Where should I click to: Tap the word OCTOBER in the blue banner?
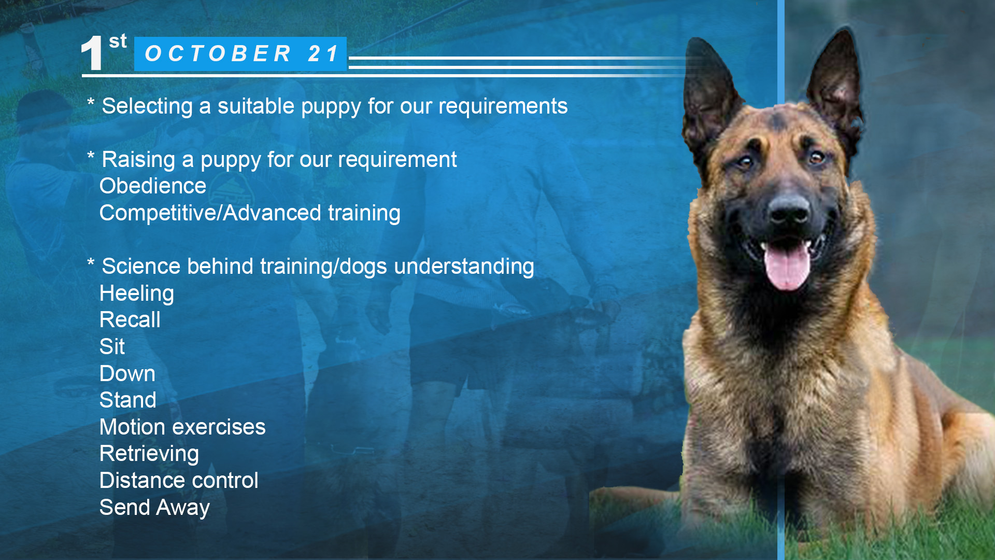[218, 53]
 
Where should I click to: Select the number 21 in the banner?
[323, 53]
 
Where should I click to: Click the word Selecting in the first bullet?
[147, 106]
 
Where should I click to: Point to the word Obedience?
[153, 186]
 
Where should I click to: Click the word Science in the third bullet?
[141, 266]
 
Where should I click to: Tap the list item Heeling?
[137, 293]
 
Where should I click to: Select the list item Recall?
[130, 319]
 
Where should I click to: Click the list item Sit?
[112, 346]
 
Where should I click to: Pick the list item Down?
[127, 373]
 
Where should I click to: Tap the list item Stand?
[128, 400]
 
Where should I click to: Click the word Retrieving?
[149, 454]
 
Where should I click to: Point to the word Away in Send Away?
[183, 508]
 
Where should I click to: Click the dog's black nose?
[789, 208]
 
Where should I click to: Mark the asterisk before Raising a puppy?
[91, 156]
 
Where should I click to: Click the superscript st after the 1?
[118, 41]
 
